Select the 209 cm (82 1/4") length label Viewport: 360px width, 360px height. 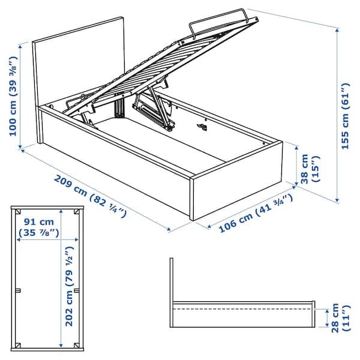pos(89,196)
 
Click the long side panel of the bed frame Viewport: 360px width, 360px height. pos(114,165)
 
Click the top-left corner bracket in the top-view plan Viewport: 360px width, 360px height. pos(19,212)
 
